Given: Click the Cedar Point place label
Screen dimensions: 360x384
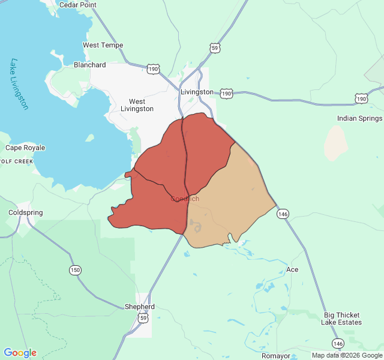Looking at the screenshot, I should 77,5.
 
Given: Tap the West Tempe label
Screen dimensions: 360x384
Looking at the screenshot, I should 103,45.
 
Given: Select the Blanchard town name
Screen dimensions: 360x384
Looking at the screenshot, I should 89,65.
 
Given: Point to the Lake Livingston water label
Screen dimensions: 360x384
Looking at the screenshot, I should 20,84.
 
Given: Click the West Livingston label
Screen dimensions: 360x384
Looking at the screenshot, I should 137,106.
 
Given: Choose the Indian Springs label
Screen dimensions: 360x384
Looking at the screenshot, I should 359,118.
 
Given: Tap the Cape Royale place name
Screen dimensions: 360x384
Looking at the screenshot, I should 25,148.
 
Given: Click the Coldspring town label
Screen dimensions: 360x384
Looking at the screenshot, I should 26,212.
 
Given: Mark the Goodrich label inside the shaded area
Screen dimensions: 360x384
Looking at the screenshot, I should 185,199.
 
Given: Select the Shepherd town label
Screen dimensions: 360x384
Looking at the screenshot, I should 139,307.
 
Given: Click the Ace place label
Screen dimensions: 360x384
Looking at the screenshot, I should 292,269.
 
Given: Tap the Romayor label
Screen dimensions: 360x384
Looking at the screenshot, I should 275,356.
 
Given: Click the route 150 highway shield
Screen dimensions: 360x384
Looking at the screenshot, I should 75,270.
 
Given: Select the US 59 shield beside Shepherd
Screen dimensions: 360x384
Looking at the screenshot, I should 143,319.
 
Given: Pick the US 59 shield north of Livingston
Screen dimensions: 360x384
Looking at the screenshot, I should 215,47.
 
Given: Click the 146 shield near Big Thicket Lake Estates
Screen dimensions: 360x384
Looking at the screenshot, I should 338,343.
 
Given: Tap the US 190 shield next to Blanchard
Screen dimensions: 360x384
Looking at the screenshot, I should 154,70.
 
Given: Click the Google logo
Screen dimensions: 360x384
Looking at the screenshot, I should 20,353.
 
